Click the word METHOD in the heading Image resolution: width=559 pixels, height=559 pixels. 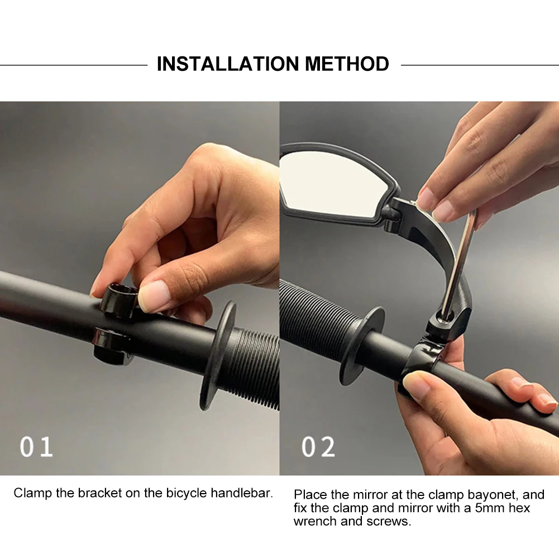pos(347,64)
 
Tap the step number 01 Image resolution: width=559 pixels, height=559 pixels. pos(36,447)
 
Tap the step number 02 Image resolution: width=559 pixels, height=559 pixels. pos(318,447)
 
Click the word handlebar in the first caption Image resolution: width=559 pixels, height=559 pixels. pos(242,493)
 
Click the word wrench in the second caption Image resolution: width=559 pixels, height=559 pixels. pos(315,521)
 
